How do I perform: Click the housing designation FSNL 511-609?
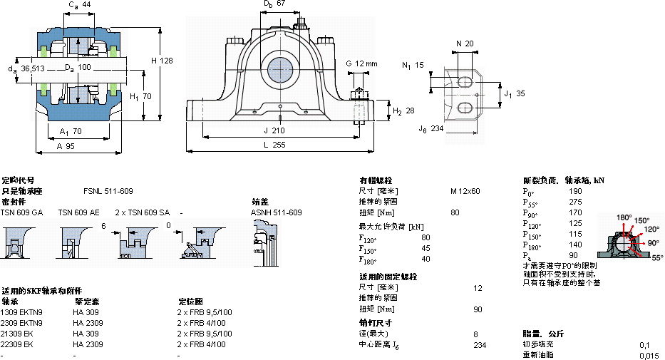108,191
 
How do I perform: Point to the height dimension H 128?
162,61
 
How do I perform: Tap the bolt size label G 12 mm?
361,63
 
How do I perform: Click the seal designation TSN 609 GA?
21,212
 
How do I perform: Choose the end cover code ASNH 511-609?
276,212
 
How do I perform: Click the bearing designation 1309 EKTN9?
21,312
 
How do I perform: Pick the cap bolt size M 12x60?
465,191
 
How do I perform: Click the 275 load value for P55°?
574,202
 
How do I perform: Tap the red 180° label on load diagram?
624,217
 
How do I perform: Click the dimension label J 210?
274,130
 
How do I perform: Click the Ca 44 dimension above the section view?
80,5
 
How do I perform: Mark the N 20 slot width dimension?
464,43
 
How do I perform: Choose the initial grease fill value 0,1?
644,344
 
